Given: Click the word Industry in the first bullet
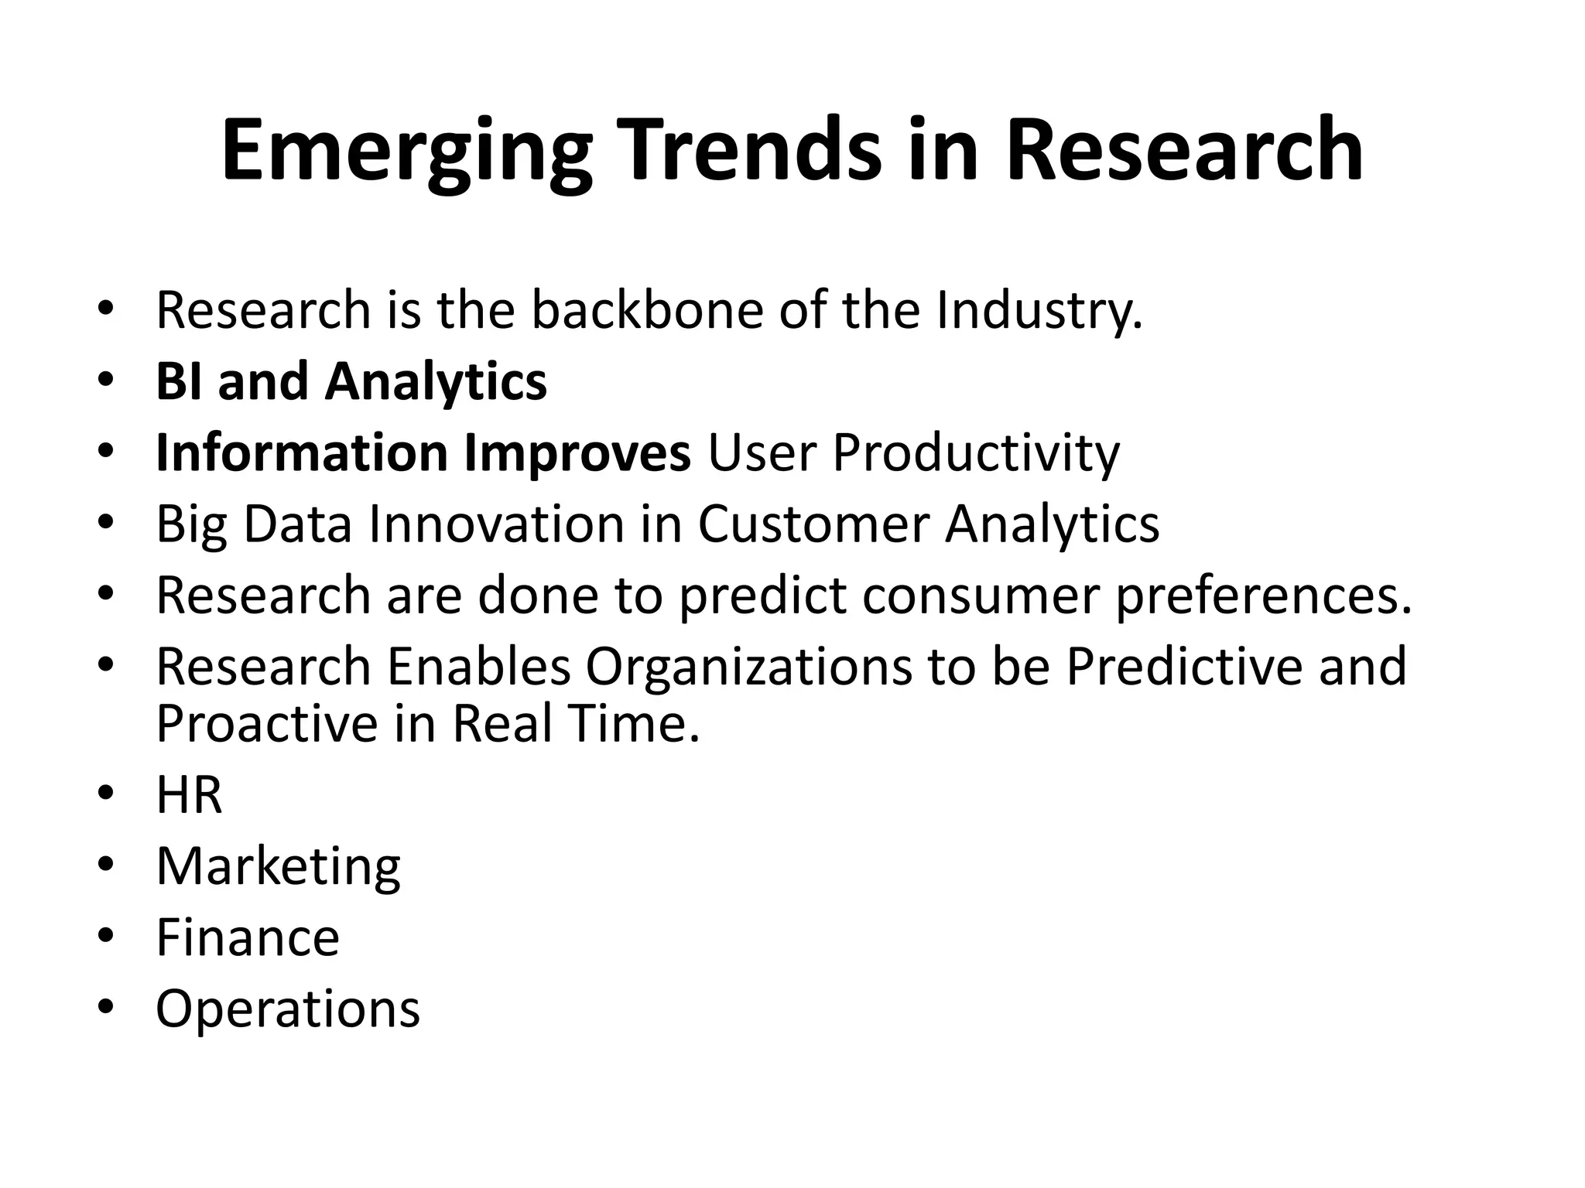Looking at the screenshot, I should point(1039,310).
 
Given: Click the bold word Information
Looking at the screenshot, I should point(301,452).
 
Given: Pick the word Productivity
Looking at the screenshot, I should point(975,454).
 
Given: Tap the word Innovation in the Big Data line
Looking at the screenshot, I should point(496,524).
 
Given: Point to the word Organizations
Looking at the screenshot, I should point(748,667).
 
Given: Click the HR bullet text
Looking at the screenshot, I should point(189,795).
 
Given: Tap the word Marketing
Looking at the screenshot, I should point(278,867).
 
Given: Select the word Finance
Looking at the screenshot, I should point(248,938).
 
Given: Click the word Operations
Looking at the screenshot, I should point(287,1010).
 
